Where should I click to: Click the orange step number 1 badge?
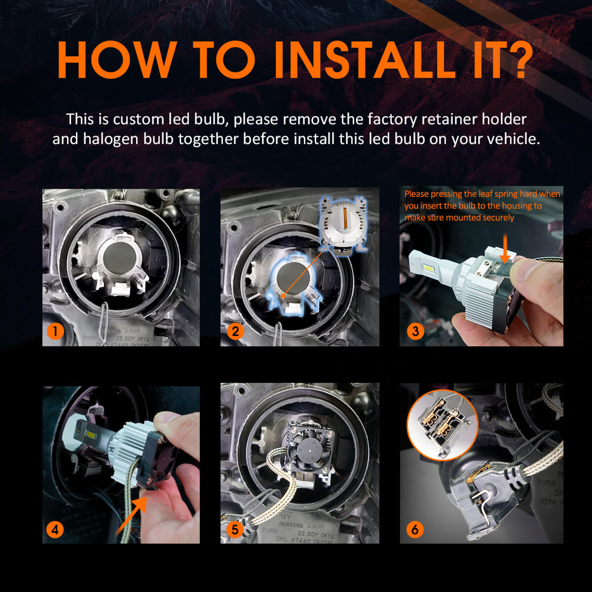click(56, 331)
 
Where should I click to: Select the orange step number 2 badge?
click(235, 331)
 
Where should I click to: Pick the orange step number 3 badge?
click(415, 331)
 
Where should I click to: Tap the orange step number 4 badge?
click(55, 529)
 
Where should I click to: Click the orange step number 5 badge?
click(235, 529)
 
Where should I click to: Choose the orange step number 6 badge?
click(415, 529)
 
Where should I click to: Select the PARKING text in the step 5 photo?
click(291, 525)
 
